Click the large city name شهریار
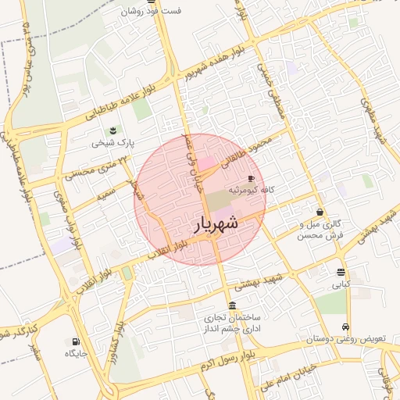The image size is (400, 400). click(215, 224)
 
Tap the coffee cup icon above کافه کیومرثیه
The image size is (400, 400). click(251, 179)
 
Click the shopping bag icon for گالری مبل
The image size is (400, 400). click(320, 212)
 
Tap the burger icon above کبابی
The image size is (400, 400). click(341, 272)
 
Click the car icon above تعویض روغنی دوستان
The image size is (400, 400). click(346, 327)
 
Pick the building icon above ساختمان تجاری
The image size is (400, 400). click(232, 305)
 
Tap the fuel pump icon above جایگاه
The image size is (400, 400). click(75, 341)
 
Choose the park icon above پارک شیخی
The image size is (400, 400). click(115, 130)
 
